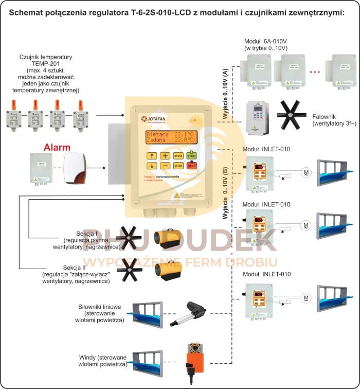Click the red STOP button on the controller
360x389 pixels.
[192, 166]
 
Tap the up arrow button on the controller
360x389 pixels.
[151, 155]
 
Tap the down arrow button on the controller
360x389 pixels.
[151, 166]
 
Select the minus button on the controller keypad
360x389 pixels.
[165, 166]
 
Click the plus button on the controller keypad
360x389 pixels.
[165, 155]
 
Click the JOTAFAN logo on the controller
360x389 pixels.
[153, 119]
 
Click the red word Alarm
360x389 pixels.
[57, 147]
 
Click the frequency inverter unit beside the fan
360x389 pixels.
[258, 117]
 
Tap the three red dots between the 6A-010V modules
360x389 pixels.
[315, 72]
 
